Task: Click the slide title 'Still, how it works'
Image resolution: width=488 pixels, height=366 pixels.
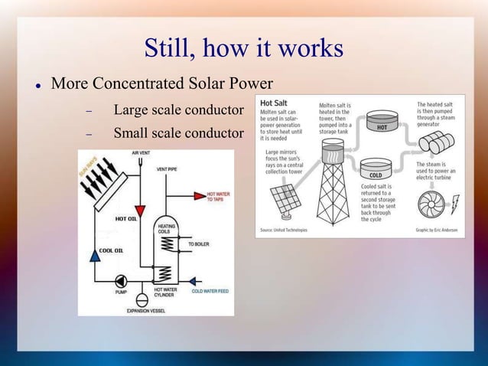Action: pos(243,49)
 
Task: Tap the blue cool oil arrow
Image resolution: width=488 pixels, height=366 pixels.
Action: pos(94,257)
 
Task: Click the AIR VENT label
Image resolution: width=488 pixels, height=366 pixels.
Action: pos(140,152)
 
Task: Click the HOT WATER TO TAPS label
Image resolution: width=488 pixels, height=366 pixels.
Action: pos(217,195)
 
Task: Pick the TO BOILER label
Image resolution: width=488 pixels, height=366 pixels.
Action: pos(197,243)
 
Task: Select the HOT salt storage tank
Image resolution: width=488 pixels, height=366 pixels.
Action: pos(382,123)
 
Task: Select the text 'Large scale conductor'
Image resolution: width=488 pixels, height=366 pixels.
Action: pos(178,112)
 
